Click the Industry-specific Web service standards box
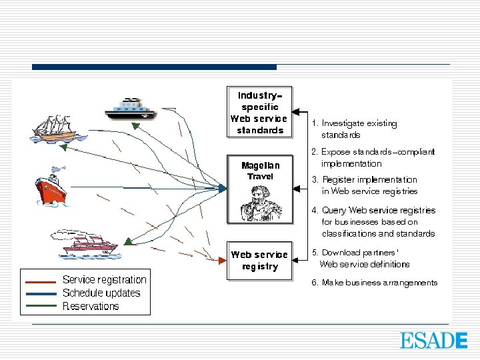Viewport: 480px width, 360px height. [259, 112]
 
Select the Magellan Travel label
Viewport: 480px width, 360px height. [260, 171]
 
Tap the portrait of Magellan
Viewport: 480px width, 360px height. [260, 203]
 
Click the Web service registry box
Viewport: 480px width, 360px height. [259, 261]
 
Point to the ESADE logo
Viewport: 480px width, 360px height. [433, 340]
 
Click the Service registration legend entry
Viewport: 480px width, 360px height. [104, 279]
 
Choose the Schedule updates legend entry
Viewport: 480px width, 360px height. [101, 293]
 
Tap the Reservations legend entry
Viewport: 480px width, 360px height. [91, 307]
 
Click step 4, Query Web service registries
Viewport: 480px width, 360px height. [376, 221]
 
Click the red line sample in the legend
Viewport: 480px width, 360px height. [40, 281]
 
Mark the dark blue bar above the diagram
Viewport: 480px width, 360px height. [154, 67]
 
